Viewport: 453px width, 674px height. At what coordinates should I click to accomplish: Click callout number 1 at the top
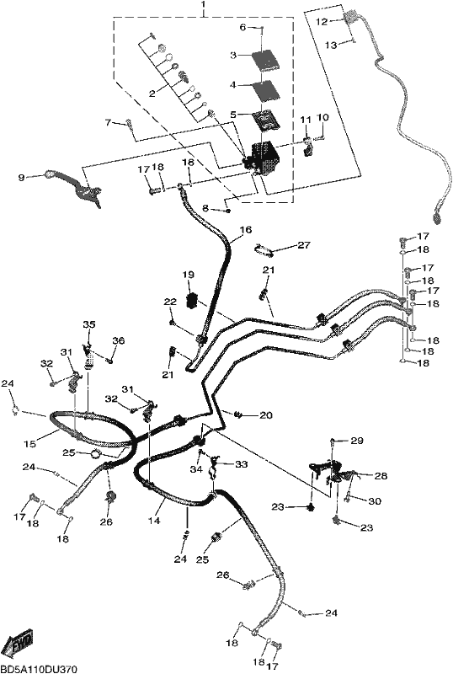[203, 5]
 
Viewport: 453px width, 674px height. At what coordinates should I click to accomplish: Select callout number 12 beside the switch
[322, 22]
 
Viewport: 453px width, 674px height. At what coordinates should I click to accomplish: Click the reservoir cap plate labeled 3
[265, 59]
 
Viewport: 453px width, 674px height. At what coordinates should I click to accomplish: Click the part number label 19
[189, 275]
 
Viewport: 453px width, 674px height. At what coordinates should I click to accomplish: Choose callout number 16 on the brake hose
[246, 230]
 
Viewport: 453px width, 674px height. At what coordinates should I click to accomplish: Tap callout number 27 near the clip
[304, 245]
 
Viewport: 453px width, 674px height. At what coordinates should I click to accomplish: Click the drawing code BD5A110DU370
[39, 669]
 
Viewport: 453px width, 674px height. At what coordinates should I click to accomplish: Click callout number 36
[119, 341]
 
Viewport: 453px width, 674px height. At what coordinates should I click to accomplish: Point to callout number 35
[89, 324]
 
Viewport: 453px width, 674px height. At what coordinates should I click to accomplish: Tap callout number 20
[266, 415]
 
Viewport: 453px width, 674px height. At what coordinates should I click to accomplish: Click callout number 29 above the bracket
[357, 441]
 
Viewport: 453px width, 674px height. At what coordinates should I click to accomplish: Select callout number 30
[375, 501]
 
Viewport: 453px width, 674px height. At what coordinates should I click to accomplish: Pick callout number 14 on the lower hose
[154, 521]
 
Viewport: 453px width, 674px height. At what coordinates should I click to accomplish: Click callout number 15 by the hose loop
[29, 444]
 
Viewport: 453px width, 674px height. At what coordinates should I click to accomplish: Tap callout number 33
[242, 464]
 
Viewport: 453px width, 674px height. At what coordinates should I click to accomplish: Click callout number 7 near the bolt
[108, 122]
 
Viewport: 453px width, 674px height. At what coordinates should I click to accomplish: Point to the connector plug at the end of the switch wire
[438, 217]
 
